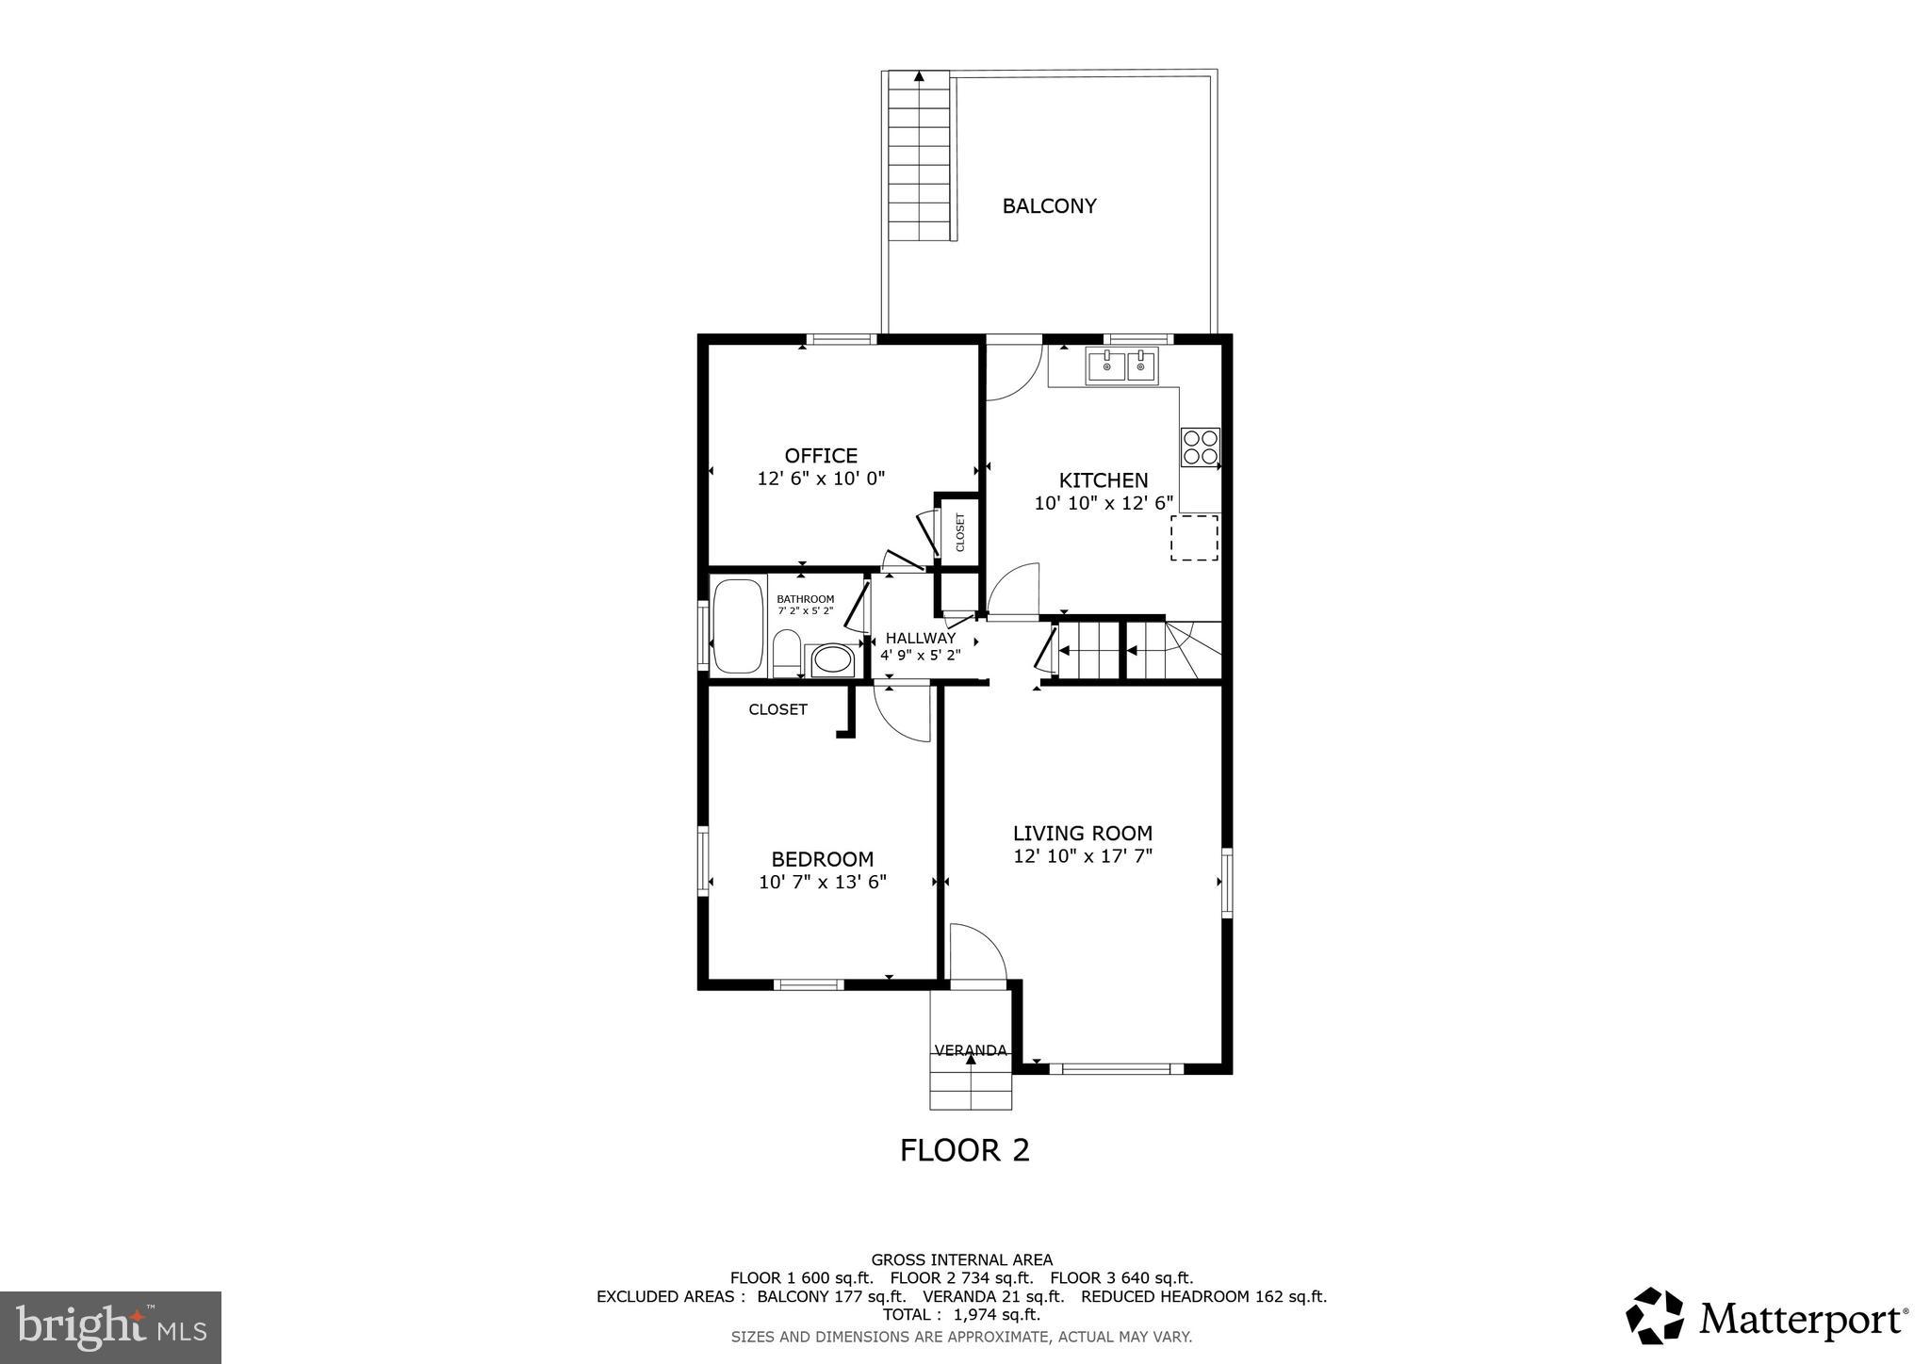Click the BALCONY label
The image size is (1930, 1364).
click(x=1049, y=206)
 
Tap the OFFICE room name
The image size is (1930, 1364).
click(x=821, y=456)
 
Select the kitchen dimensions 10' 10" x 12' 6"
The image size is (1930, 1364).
click(x=1104, y=503)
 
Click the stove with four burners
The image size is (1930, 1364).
click(x=1200, y=447)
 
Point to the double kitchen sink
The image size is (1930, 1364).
click(x=1121, y=365)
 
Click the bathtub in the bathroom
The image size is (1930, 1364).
click(x=738, y=626)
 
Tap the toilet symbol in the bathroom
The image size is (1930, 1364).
click(x=786, y=654)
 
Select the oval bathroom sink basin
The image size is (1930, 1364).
click(x=831, y=659)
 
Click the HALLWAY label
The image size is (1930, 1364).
click(x=920, y=638)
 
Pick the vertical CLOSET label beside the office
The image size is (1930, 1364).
click(x=960, y=532)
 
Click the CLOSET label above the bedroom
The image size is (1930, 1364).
click(x=777, y=709)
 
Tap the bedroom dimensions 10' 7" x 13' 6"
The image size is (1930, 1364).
click(x=822, y=882)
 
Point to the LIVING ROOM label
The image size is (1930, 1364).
click(x=1082, y=833)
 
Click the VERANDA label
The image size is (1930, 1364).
click(x=970, y=1050)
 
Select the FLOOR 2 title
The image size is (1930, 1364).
click(x=964, y=1150)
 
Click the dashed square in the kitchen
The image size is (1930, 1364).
click(x=1194, y=538)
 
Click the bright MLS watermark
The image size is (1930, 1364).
click(x=110, y=1327)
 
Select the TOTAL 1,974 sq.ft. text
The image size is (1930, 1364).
click(x=961, y=1314)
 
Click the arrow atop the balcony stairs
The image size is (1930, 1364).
click(x=919, y=76)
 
